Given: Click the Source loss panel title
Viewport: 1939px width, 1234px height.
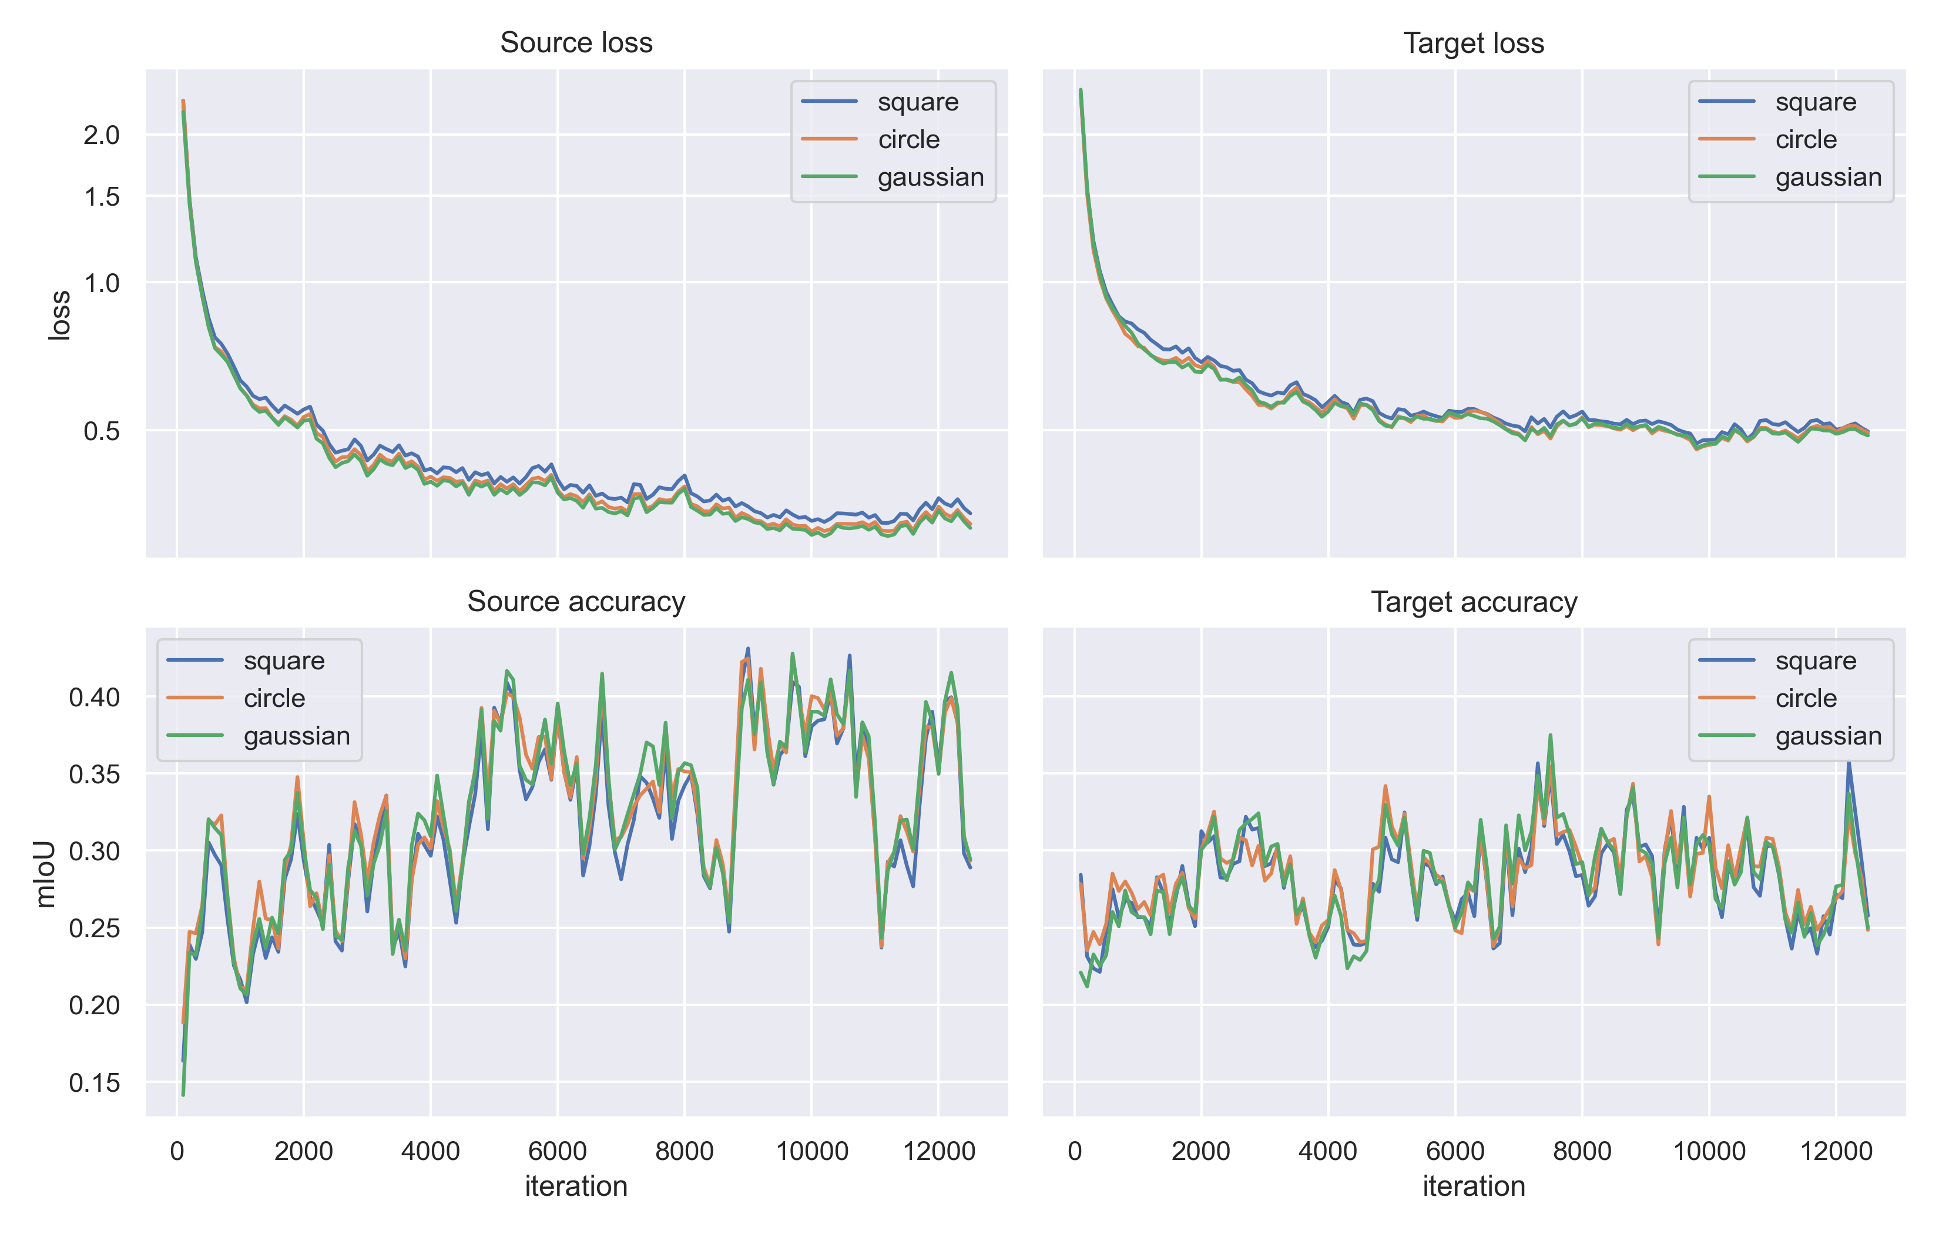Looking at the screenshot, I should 576,43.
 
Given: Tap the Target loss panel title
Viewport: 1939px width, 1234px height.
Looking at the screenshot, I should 1473,43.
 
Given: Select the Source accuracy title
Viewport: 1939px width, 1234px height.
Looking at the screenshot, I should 576,602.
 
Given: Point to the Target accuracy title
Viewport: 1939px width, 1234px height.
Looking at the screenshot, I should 1473,602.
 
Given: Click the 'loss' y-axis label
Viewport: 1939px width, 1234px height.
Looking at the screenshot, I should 59,315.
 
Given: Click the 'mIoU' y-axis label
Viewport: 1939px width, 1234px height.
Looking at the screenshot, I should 46,873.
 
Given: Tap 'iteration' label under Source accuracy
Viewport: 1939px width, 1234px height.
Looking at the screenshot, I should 576,1186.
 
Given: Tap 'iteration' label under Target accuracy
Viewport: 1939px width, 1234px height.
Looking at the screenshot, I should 1473,1186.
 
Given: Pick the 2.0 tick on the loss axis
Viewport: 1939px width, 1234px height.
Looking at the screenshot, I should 102,135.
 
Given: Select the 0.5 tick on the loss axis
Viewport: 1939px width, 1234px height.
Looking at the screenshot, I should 102,431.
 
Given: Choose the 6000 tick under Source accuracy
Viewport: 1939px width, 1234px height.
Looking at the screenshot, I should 557,1151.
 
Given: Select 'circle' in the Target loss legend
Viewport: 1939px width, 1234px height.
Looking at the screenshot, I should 1806,139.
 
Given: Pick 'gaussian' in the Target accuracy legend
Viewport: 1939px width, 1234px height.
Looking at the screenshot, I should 1828,736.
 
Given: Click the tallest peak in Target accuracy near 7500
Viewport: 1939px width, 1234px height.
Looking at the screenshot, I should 1549,736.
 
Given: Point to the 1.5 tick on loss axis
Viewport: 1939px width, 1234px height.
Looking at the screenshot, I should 102,196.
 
